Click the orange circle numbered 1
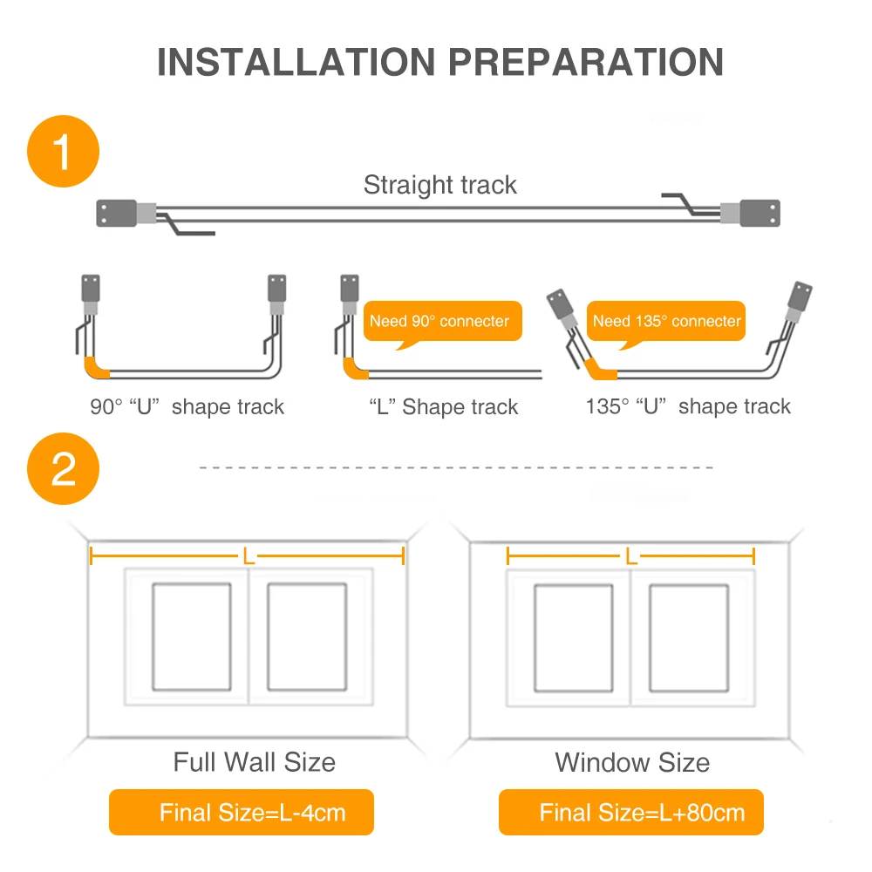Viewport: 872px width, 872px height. click(x=63, y=151)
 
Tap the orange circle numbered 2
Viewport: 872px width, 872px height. click(x=63, y=469)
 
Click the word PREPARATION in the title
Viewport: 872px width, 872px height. click(x=586, y=62)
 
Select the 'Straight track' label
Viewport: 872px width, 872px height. click(x=439, y=185)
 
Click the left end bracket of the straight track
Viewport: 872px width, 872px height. click(x=116, y=213)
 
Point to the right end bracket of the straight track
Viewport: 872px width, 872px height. click(x=760, y=213)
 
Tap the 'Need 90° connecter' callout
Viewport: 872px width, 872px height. click(x=443, y=321)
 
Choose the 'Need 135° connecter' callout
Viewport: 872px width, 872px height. click(x=666, y=321)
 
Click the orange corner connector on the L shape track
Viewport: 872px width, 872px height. click(x=354, y=369)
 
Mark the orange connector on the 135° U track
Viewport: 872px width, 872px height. click(x=597, y=370)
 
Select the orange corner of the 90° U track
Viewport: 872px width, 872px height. click(x=95, y=369)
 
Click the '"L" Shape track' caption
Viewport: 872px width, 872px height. click(x=443, y=406)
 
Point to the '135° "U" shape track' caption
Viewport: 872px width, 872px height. click(x=688, y=406)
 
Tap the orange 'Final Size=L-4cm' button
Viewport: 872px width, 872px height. click(x=242, y=812)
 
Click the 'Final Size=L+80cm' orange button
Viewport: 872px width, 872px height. click(x=631, y=812)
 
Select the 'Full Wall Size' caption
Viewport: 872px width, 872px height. click(x=254, y=762)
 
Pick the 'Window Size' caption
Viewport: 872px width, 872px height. click(x=632, y=762)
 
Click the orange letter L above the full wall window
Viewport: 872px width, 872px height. click(x=248, y=555)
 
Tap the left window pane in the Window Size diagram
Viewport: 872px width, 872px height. click(x=574, y=638)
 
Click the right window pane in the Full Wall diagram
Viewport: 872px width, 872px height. click(x=307, y=637)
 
